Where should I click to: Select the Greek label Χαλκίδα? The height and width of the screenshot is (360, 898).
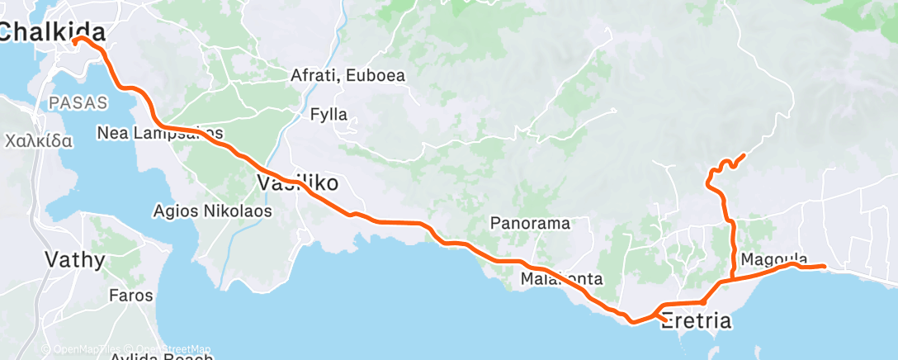[39, 140]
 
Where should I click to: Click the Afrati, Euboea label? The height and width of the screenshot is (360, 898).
[347, 75]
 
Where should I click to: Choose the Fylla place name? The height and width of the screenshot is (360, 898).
[328, 114]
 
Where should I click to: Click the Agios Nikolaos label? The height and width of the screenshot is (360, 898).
[213, 211]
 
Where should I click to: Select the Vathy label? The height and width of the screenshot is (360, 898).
[74, 261]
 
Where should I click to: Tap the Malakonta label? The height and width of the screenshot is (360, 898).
[561, 279]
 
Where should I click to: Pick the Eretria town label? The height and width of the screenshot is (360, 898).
[696, 320]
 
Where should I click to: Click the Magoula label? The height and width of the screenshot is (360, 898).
[774, 258]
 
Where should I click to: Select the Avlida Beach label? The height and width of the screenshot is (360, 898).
[161, 356]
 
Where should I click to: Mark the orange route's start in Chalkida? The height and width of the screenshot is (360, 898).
[74, 39]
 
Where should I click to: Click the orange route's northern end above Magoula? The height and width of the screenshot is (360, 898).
[744, 154]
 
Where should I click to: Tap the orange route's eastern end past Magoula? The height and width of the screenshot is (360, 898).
[824, 266]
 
